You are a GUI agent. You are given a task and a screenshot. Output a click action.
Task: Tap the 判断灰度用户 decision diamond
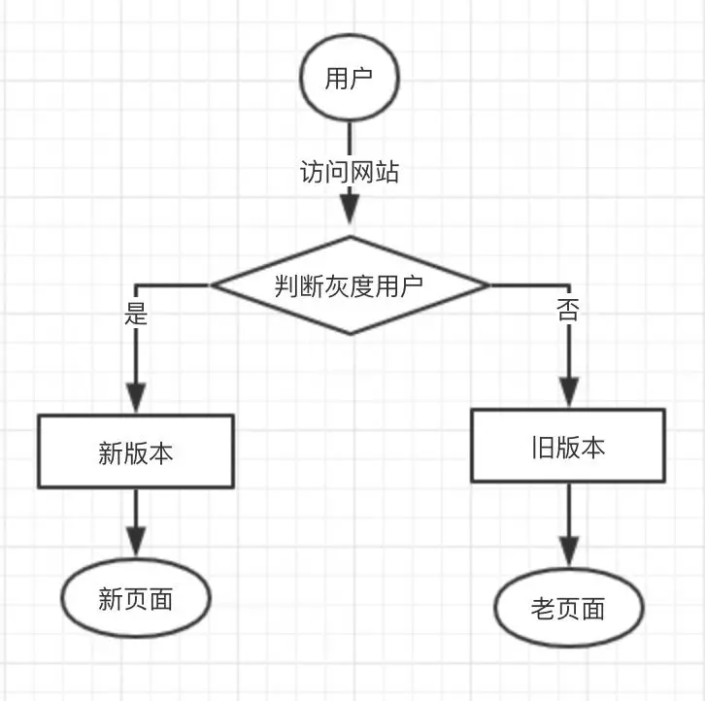(x=350, y=285)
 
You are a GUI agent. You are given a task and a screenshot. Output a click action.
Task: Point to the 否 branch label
(x=567, y=311)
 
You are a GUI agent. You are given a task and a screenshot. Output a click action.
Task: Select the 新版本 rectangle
(x=136, y=451)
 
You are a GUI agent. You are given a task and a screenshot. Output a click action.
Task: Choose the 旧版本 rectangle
(x=569, y=446)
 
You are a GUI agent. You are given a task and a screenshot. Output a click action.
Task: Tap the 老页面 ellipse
(x=569, y=609)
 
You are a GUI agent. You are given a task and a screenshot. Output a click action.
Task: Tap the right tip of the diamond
(x=487, y=285)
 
